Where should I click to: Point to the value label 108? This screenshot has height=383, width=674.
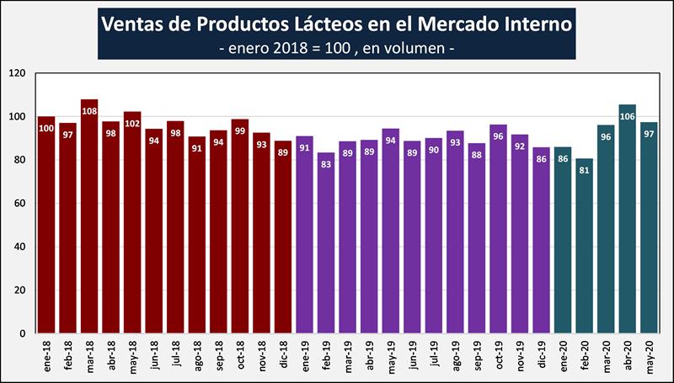pyautogui.click(x=89, y=109)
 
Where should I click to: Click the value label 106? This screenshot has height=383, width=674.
pyautogui.click(x=627, y=115)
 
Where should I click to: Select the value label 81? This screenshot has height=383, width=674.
pyautogui.click(x=584, y=169)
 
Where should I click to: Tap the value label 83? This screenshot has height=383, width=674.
pyautogui.click(x=326, y=163)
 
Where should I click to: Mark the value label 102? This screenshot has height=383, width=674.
pyautogui.click(x=132, y=123)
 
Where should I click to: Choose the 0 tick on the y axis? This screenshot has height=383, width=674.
pyautogui.click(x=26, y=333)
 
